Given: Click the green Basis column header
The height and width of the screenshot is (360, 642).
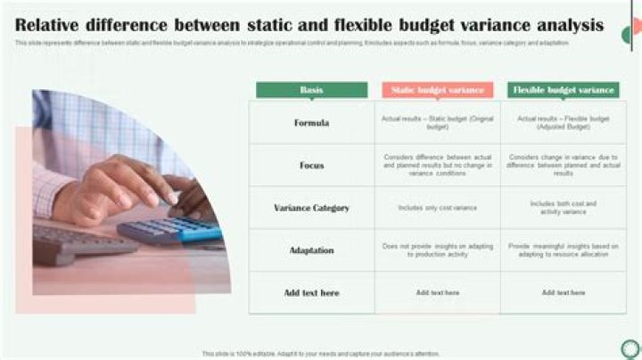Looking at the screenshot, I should [x=311, y=90].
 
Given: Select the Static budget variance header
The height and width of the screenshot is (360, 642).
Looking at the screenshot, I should [x=438, y=90].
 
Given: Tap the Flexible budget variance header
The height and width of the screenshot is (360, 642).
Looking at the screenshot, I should [x=564, y=90].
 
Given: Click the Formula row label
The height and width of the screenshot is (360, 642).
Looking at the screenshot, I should [x=311, y=123].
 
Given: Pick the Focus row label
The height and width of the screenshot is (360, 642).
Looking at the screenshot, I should [x=311, y=166].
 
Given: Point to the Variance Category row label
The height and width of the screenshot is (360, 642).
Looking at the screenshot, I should [x=311, y=208].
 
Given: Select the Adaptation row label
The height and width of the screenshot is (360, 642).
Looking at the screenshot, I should [x=311, y=250].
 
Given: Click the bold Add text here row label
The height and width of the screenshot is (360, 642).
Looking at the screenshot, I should [x=311, y=292].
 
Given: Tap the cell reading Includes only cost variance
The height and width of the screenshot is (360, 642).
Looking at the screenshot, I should [x=438, y=208].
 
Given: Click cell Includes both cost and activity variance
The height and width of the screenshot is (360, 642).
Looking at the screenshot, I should [x=564, y=208].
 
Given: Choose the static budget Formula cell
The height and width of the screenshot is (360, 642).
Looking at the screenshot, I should [x=438, y=123].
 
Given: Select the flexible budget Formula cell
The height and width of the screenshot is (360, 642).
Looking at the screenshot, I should [x=564, y=123].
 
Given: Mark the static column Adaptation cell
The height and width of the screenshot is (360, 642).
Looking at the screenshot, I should [x=438, y=250].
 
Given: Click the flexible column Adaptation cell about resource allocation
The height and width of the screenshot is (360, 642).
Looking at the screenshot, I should [x=564, y=250].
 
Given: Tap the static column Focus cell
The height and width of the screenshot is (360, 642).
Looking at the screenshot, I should [x=438, y=166].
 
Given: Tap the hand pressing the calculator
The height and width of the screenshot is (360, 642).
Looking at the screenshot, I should [x=116, y=187].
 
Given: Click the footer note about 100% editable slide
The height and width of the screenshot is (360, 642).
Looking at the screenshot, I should [x=321, y=354].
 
